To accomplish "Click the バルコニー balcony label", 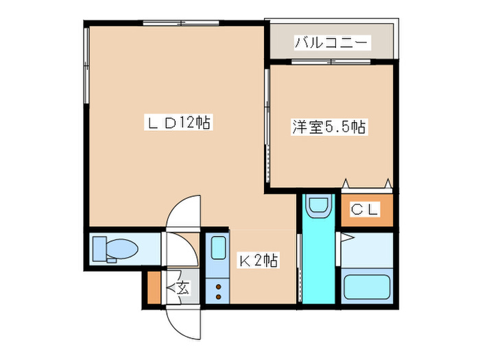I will (x=332, y=43).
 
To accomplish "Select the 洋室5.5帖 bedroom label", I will (x=330, y=128).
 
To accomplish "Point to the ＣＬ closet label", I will (x=365, y=211).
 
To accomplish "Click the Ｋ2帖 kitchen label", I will (x=258, y=261).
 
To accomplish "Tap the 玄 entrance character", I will (x=183, y=288).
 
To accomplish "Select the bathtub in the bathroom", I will (x=367, y=287).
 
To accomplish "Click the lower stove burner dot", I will (x=219, y=297).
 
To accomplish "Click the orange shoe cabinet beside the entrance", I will (x=153, y=288).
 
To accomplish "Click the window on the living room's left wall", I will (x=86, y=66).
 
